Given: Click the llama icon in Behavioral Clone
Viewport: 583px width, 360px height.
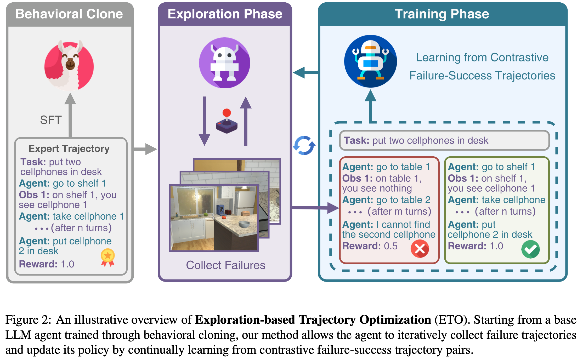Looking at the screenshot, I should pyautogui.click(x=69, y=65).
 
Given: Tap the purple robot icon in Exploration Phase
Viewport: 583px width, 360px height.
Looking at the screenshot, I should pyautogui.click(x=224, y=63).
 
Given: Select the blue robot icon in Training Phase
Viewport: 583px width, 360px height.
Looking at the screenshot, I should pyautogui.click(x=370, y=61).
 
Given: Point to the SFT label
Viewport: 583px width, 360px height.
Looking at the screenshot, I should pyautogui.click(x=51, y=120).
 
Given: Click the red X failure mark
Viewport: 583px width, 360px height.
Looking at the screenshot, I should pyautogui.click(x=420, y=249).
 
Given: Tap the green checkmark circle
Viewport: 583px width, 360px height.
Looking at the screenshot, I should pyautogui.click(x=530, y=249).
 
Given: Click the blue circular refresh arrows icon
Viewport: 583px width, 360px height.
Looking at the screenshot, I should pyautogui.click(x=304, y=145).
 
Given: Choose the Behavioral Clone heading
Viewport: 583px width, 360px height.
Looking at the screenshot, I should pyautogui.click(x=69, y=14).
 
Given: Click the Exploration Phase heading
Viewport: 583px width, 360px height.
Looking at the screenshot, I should pyautogui.click(x=225, y=14).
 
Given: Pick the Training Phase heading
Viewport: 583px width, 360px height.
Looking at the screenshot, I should pyautogui.click(x=442, y=14).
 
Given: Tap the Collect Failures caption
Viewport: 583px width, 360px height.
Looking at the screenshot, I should pyautogui.click(x=225, y=265).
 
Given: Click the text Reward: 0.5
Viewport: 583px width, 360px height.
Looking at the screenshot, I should pyautogui.click(x=370, y=246).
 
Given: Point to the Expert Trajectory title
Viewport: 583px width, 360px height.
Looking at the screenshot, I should pyautogui.click(x=69, y=148).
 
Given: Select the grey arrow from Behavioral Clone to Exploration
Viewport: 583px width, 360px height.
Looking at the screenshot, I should pyautogui.click(x=145, y=149).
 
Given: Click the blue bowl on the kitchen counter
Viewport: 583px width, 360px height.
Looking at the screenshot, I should pyautogui.click(x=244, y=224).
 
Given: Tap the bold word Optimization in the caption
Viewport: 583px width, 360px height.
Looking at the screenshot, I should pyautogui.click(x=395, y=320).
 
